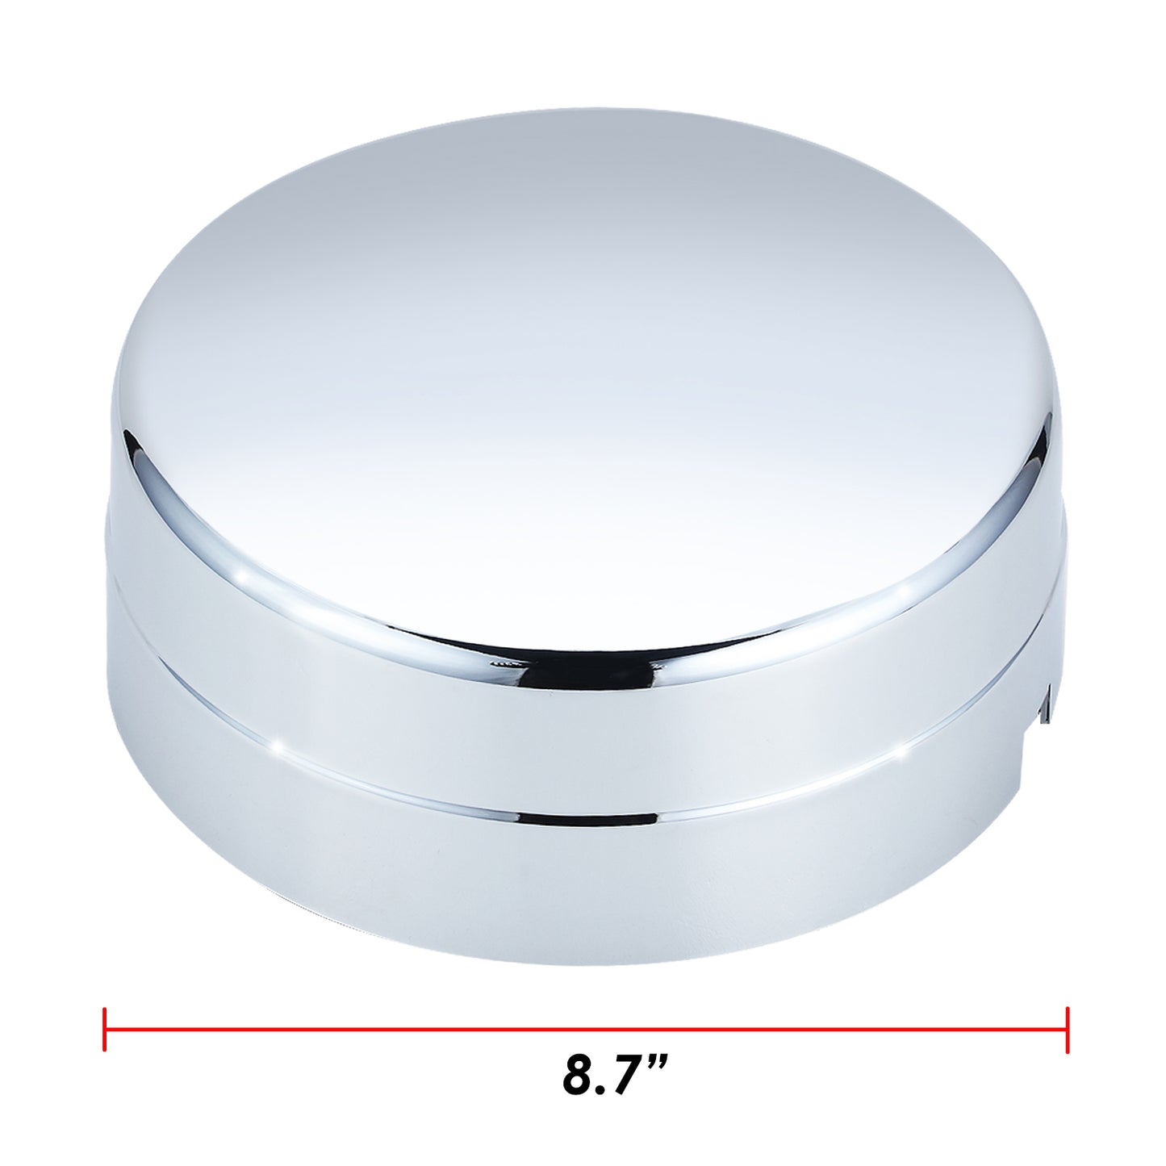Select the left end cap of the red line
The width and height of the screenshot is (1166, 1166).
105,1029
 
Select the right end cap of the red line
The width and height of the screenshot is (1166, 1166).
1068,1029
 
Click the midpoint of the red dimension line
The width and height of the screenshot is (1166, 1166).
586,1029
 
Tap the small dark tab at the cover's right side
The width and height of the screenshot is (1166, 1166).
1047,700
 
